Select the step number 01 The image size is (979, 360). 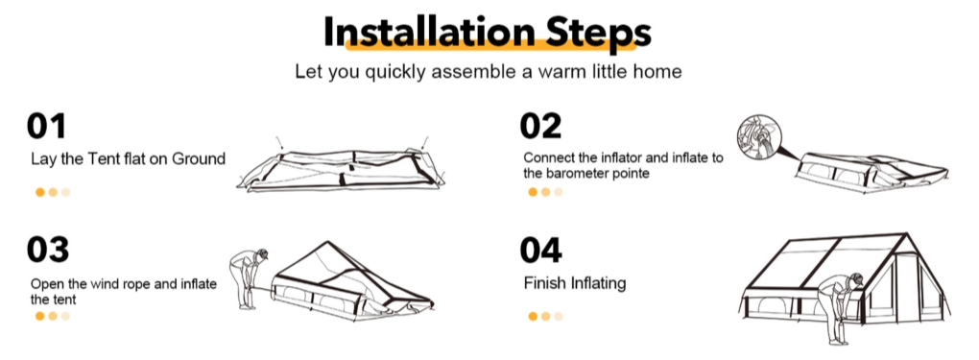[46, 126]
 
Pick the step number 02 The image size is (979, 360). [540, 126]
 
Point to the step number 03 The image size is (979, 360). [47, 249]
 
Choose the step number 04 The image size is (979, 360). [540, 249]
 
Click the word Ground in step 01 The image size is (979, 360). [199, 158]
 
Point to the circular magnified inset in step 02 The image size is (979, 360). [758, 135]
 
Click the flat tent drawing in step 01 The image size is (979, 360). [341, 169]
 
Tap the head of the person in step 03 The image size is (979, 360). [262, 254]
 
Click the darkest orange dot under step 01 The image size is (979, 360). [40, 192]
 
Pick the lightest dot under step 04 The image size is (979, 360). [559, 316]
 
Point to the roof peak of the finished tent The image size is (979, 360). [905, 234]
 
